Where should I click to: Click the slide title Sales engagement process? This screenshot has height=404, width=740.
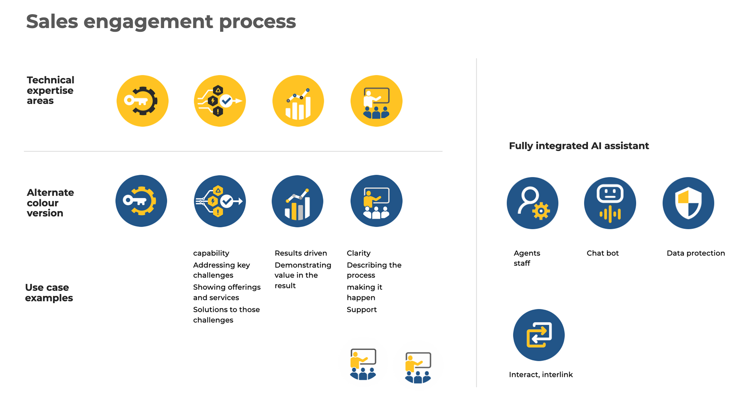(161, 21)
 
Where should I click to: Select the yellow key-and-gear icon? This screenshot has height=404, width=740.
(143, 101)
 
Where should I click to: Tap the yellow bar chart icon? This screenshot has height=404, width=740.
(298, 101)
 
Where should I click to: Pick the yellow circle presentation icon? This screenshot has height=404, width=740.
(376, 101)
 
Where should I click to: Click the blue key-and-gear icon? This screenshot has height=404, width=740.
(141, 201)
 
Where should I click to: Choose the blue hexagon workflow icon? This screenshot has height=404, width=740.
(220, 201)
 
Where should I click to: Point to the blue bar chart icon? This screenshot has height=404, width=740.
(298, 201)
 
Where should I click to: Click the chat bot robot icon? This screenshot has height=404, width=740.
(610, 203)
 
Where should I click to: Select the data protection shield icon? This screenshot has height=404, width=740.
(688, 203)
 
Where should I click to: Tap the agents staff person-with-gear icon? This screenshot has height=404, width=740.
(532, 203)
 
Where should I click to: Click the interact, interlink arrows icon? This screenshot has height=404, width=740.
(538, 335)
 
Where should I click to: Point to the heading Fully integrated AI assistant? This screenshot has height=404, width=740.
(579, 146)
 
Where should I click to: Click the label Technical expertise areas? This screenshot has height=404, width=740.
(50, 90)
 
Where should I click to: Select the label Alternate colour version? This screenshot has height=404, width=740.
(50, 203)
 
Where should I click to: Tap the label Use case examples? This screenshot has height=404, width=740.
(49, 293)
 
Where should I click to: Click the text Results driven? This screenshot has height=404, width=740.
(301, 253)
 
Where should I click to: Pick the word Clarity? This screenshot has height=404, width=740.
(358, 253)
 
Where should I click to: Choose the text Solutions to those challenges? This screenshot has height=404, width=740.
(226, 315)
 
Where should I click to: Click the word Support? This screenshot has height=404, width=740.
(362, 310)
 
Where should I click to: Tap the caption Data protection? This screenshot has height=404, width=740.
(696, 253)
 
